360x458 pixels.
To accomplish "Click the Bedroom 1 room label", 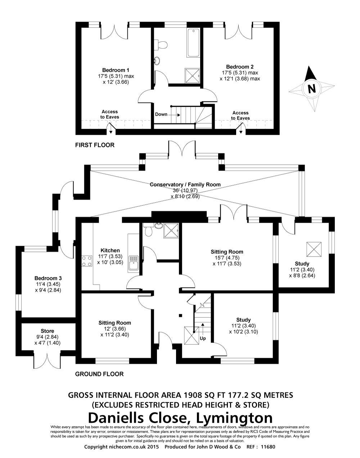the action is click(116, 70).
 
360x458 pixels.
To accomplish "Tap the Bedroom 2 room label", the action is click(240, 67).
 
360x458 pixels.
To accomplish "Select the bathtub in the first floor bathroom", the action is click(193, 43).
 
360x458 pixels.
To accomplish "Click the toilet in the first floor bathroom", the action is click(162, 44).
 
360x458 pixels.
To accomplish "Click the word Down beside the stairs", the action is click(161, 114).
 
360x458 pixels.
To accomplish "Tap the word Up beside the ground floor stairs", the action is click(203, 338).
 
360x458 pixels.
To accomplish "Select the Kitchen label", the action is click(110, 250).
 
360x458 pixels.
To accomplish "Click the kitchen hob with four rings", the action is click(87, 261).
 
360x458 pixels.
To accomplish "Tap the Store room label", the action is click(48, 331).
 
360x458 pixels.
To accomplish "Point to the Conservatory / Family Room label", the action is click(185, 185).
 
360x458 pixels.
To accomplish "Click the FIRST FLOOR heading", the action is click(95, 145).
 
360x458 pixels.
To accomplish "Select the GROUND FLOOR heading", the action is click(99, 374).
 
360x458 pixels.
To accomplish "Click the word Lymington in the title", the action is click(234, 418).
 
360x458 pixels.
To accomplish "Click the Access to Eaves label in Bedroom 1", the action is click(110, 114).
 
